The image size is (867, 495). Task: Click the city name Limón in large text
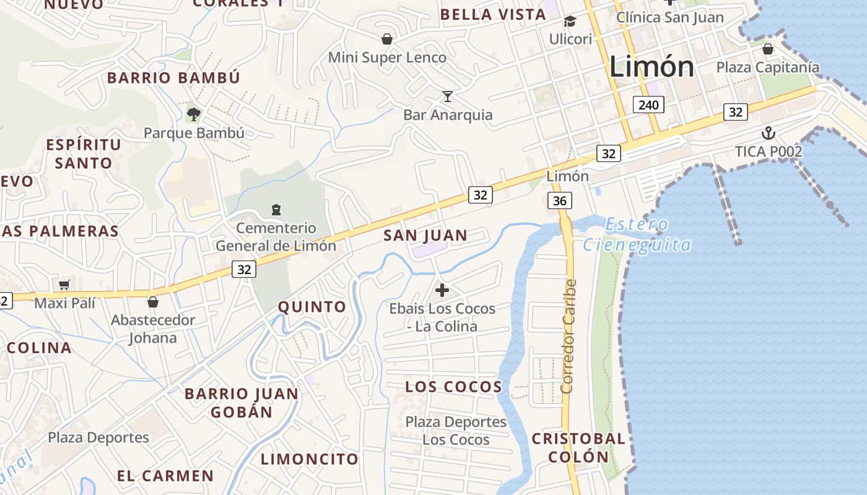pyautogui.click(x=651, y=67)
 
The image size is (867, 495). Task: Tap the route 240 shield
pyautogui.click(x=648, y=105)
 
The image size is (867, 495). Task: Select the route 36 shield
pyautogui.click(x=559, y=200)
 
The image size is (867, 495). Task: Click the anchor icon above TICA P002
pyautogui.click(x=768, y=133)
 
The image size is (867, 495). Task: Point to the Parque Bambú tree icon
pyautogui.click(x=194, y=114)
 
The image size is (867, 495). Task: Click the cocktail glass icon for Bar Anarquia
pyautogui.click(x=448, y=96)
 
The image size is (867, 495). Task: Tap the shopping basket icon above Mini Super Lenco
pyautogui.click(x=387, y=39)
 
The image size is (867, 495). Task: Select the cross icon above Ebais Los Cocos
pyautogui.click(x=442, y=290)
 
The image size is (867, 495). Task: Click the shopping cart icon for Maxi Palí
pyautogui.click(x=64, y=285)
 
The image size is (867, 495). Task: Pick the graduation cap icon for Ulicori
pyautogui.click(x=570, y=22)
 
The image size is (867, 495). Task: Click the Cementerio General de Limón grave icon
pyautogui.click(x=276, y=210)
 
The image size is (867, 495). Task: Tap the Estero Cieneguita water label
pyautogui.click(x=637, y=235)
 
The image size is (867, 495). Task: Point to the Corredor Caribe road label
pyautogui.click(x=569, y=336)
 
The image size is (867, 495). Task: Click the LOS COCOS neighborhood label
pyautogui.click(x=453, y=387)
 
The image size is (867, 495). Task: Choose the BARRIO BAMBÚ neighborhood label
pyautogui.click(x=173, y=78)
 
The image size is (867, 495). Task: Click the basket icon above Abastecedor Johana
pyautogui.click(x=153, y=302)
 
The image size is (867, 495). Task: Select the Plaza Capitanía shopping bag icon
pyautogui.click(x=768, y=48)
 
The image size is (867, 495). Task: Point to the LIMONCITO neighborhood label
pyautogui.click(x=309, y=459)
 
